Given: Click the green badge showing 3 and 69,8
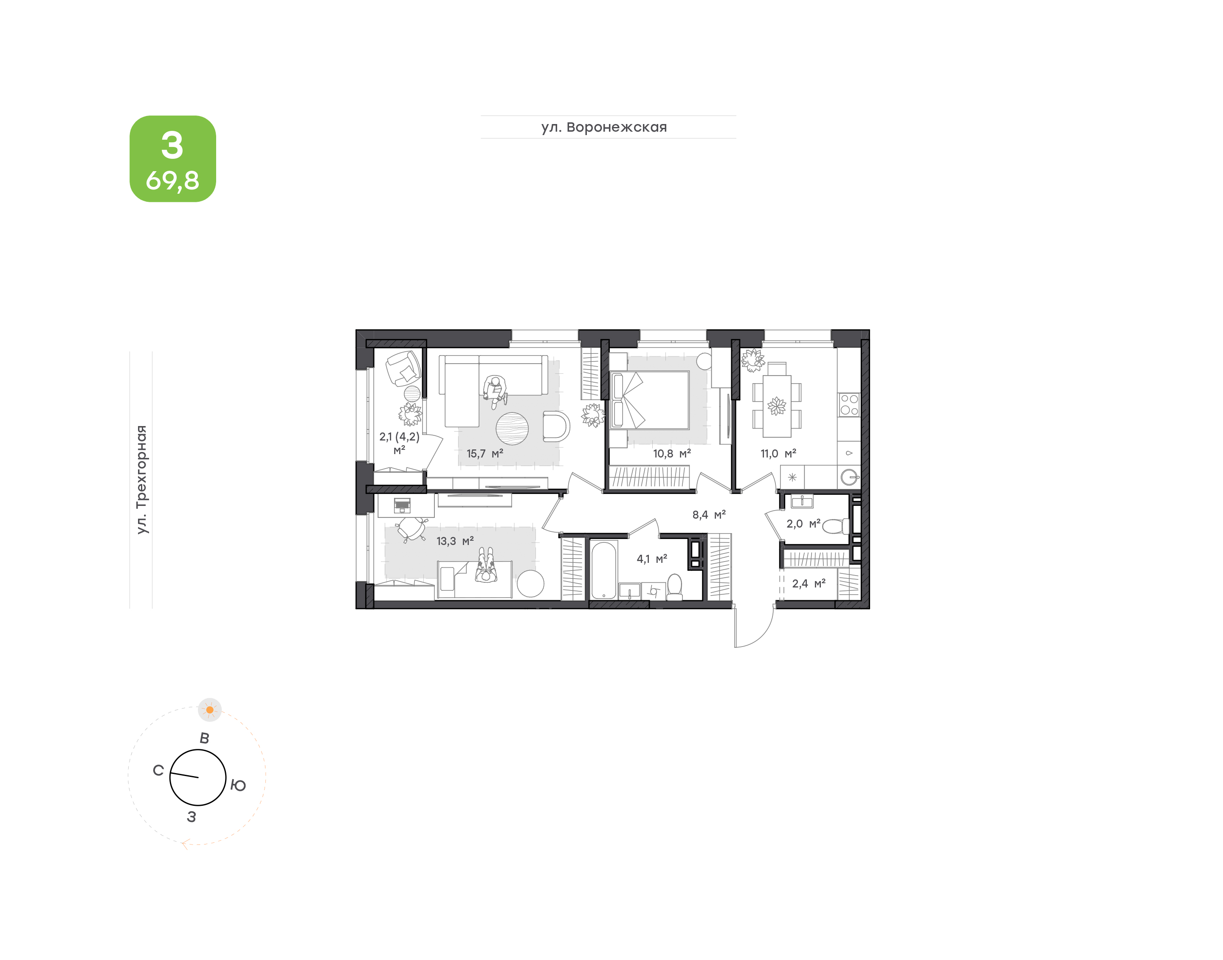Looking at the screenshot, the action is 172,158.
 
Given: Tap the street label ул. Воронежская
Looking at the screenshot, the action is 604,127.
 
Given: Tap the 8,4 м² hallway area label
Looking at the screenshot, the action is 709,515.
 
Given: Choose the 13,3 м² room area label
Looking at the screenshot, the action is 455,541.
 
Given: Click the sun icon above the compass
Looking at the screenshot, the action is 209,710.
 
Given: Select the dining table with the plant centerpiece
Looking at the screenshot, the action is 777,406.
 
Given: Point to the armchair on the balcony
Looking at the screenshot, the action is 403,369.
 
